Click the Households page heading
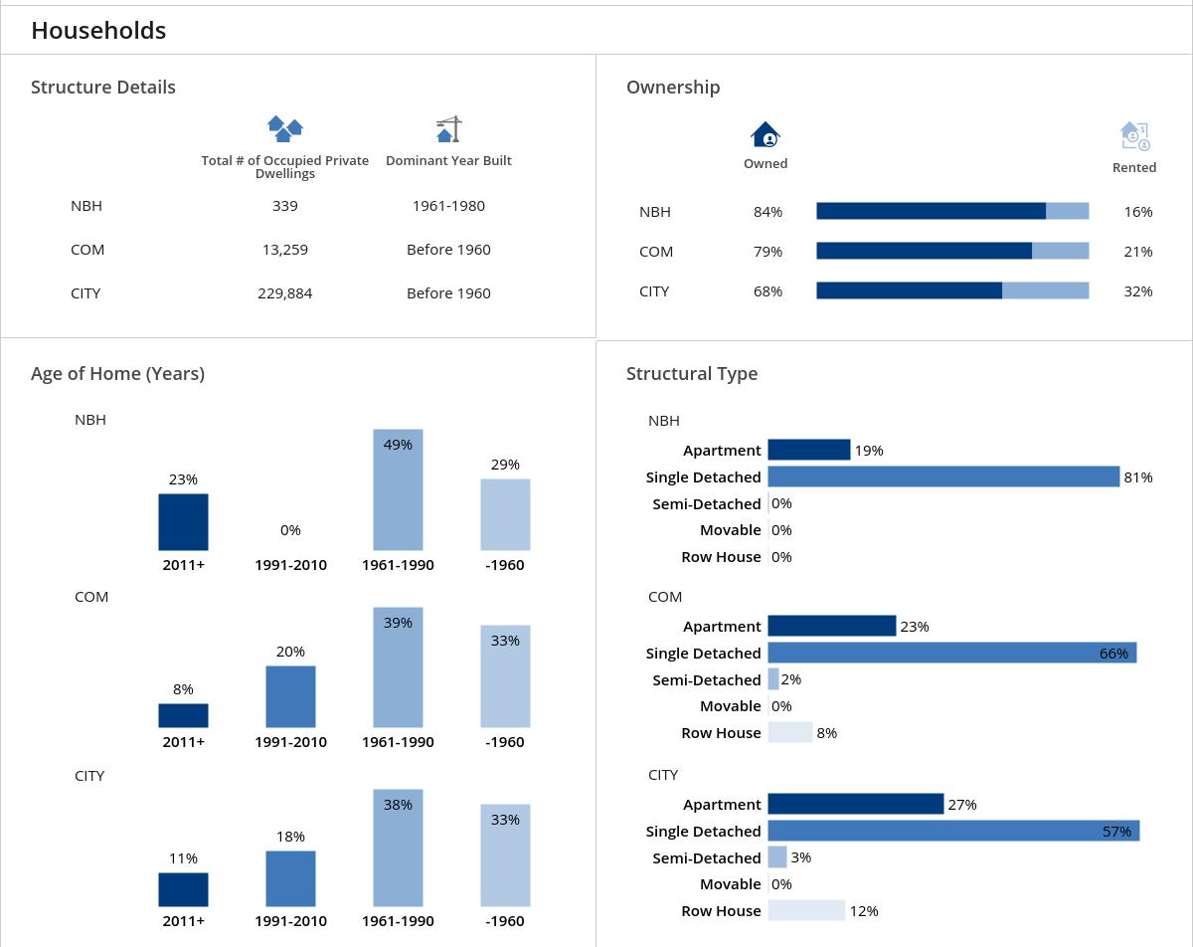click(98, 31)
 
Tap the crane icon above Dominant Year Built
click(449, 129)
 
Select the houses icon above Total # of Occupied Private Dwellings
click(285, 128)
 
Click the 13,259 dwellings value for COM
click(284, 250)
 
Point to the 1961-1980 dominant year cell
click(448, 206)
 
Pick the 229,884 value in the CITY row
click(284, 293)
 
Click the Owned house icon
click(766, 134)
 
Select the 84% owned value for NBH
click(767, 212)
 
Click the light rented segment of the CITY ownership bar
click(1045, 290)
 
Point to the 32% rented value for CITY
click(1137, 291)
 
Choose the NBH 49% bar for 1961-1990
click(398, 489)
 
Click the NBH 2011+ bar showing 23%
click(183, 521)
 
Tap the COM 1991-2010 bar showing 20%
click(290, 696)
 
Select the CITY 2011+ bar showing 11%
click(183, 889)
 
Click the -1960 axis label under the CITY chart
click(504, 921)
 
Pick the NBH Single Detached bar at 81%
click(943, 476)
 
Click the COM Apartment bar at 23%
click(831, 626)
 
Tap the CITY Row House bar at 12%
click(806, 910)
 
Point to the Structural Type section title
click(692, 374)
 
